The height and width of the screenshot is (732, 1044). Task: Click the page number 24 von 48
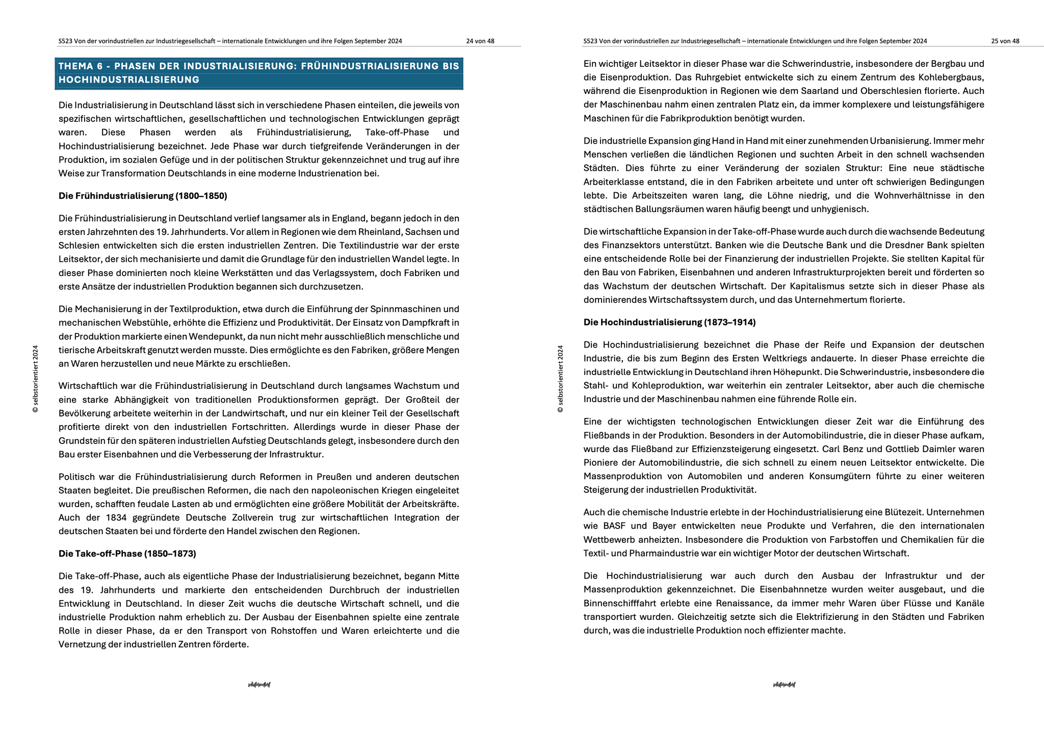click(x=480, y=41)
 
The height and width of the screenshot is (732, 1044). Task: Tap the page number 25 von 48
click(x=1005, y=41)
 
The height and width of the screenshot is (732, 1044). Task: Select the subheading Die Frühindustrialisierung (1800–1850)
click(x=143, y=196)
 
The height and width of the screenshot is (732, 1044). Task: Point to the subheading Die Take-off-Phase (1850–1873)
click(x=127, y=554)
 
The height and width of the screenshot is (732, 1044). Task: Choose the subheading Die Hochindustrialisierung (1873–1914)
click(x=669, y=322)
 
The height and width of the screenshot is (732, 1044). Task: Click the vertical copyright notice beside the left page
click(x=35, y=379)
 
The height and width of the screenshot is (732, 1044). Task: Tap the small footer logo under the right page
click(x=784, y=685)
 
